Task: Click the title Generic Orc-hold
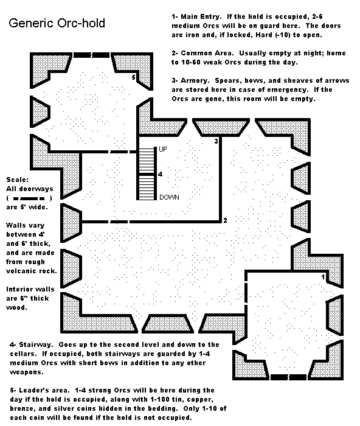tap(57, 23)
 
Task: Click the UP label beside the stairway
tap(162, 149)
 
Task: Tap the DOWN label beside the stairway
tap(169, 197)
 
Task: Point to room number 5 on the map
tap(133, 77)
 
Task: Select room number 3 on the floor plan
tap(216, 141)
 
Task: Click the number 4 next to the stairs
tap(160, 174)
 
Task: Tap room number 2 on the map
tap(225, 220)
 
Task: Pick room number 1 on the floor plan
tap(323, 277)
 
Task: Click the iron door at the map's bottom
tap(288, 377)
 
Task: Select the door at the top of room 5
tap(91, 55)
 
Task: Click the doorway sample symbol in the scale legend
tap(29, 198)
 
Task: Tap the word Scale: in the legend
tap(18, 180)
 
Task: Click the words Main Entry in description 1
tap(200, 16)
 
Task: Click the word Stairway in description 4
tap(35, 345)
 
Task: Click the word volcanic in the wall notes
tap(18, 271)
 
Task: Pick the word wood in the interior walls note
tap(16, 307)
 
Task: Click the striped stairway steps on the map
tap(146, 173)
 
